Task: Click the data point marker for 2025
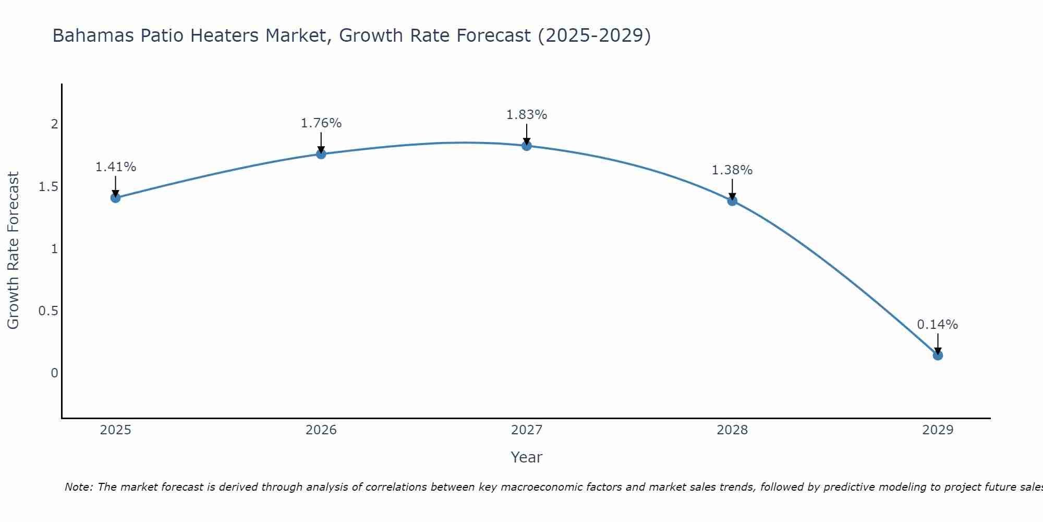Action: (x=116, y=198)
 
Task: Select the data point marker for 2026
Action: (x=321, y=154)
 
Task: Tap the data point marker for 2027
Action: (x=527, y=146)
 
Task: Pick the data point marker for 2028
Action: (x=732, y=201)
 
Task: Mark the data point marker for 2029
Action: (x=938, y=355)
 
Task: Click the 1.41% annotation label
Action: (x=116, y=167)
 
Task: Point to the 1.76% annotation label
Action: (x=321, y=123)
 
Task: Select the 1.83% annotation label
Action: (x=527, y=115)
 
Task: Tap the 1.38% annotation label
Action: (x=732, y=170)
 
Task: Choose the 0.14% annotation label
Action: (x=938, y=325)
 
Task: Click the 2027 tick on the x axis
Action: (x=527, y=430)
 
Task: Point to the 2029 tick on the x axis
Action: (x=938, y=430)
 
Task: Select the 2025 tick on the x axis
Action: (x=116, y=430)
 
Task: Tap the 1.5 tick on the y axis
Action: (x=48, y=187)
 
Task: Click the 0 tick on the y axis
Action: (x=54, y=373)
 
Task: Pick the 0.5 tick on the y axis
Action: (x=48, y=311)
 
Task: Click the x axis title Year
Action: (x=527, y=457)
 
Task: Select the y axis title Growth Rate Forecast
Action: (x=14, y=251)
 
